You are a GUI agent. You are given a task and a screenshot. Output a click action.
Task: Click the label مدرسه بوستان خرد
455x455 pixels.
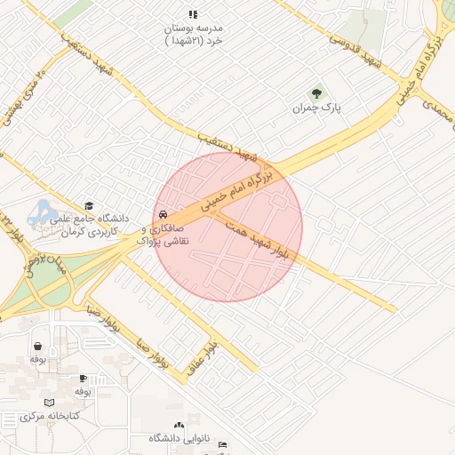(195, 34)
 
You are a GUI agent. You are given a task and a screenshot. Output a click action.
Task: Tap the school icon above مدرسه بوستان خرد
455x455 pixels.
(194, 14)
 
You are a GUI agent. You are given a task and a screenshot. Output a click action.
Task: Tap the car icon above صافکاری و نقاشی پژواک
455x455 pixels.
(163, 215)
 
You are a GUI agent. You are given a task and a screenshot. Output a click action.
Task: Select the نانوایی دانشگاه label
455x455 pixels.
(178, 438)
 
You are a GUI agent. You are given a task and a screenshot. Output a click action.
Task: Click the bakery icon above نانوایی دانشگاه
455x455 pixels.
(180, 425)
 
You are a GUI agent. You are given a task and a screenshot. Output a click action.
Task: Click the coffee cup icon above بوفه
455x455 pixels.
(83, 378)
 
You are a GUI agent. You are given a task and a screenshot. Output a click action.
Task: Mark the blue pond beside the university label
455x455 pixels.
(40, 213)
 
